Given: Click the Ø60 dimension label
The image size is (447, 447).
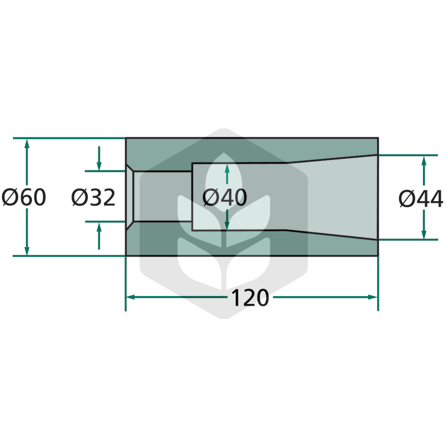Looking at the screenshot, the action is tap(24, 197).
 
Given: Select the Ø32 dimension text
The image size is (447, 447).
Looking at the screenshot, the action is tap(93, 197).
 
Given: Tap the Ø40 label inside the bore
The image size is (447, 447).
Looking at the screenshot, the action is tap(225, 197).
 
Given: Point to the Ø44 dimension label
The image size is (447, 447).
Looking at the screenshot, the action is tap(421, 198).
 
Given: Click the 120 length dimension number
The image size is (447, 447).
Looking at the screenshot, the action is tap(250, 298).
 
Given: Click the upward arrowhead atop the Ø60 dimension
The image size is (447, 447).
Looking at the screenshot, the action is tap(27, 144).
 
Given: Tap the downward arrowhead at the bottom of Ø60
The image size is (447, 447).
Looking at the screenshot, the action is tap(27, 250).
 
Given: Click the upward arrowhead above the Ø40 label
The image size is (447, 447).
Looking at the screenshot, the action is tap(227, 169).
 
